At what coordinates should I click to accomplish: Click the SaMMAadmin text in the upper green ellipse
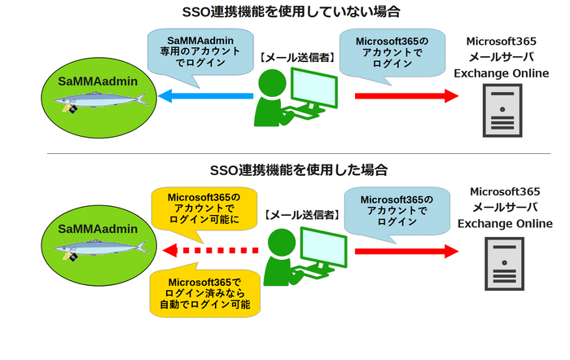[98, 81]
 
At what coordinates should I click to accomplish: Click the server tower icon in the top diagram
[502, 110]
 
